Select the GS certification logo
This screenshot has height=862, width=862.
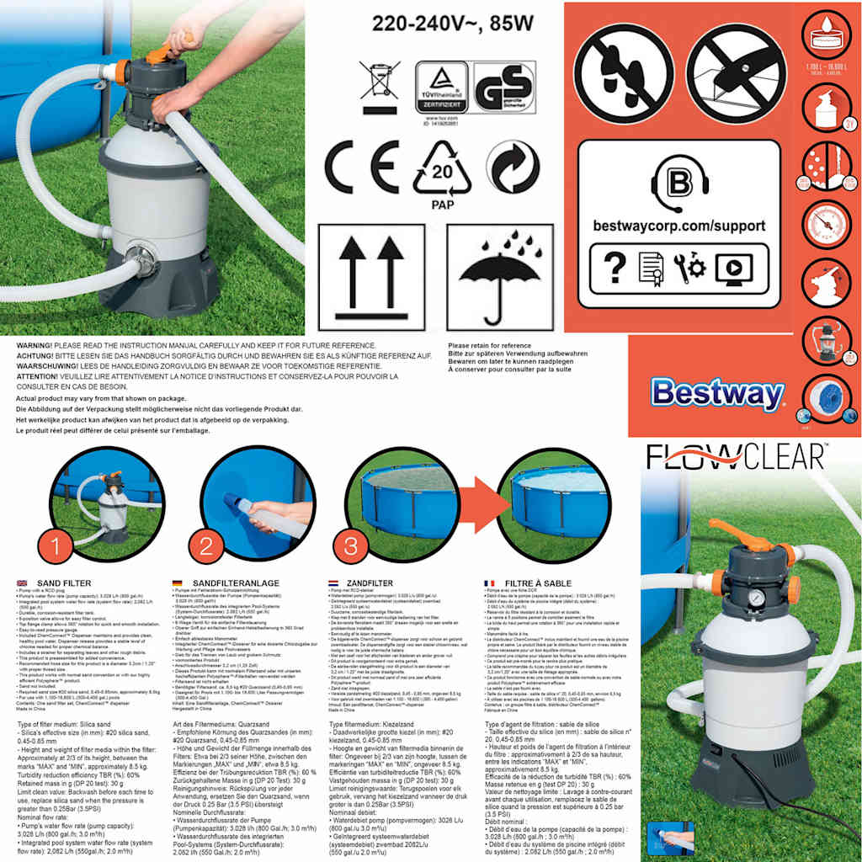point(503,88)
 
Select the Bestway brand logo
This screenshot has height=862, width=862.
point(716,393)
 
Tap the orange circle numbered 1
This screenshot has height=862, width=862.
point(56,546)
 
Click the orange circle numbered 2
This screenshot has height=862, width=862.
point(205,546)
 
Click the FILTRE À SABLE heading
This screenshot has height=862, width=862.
point(540,583)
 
